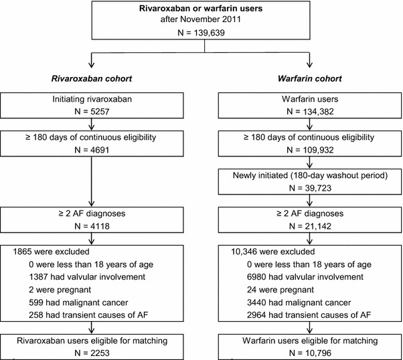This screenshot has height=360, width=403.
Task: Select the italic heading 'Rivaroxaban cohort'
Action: (x=94, y=78)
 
